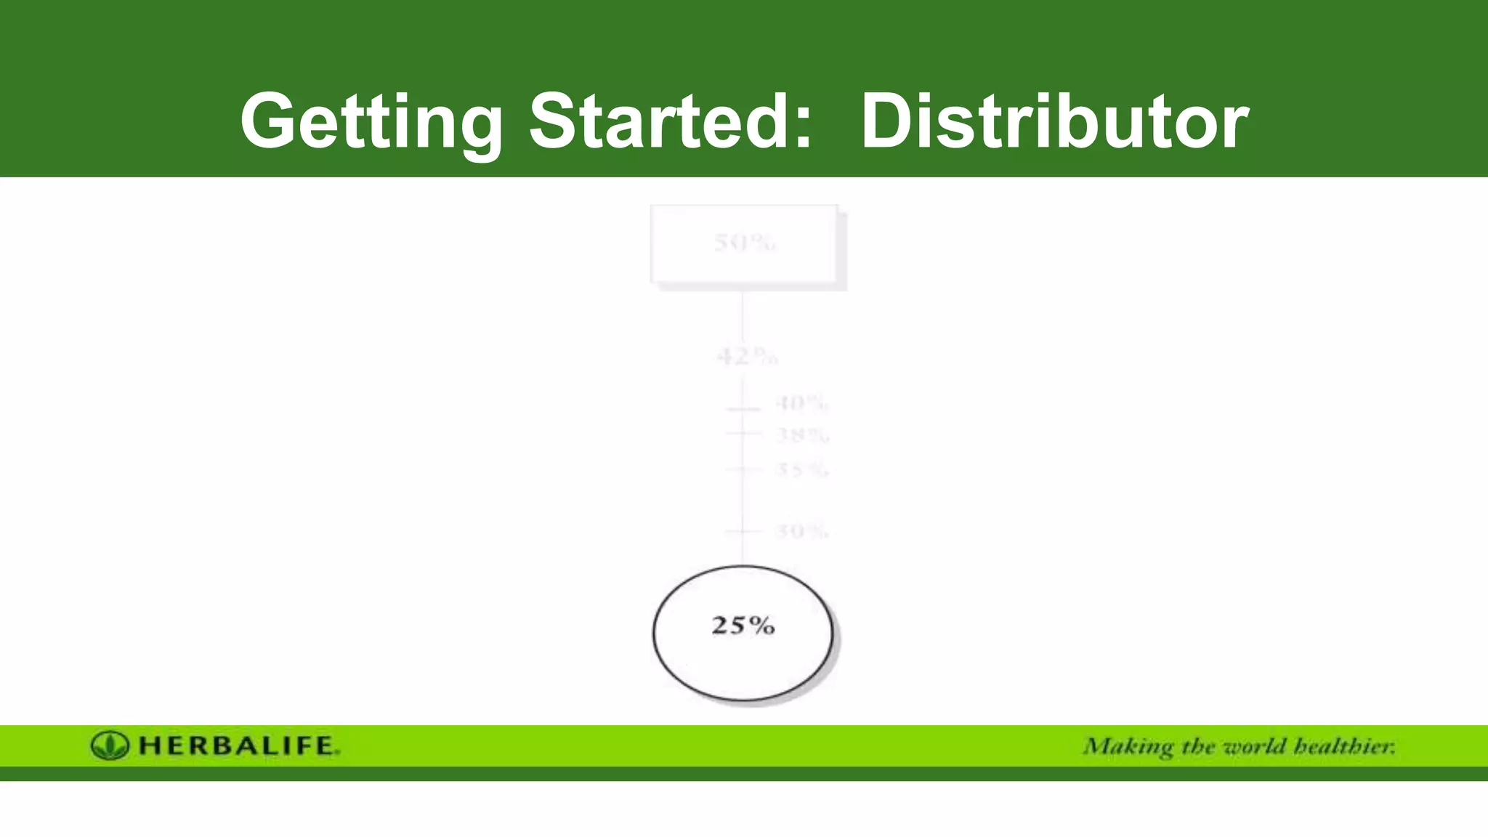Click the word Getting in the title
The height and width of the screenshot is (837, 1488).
tap(371, 122)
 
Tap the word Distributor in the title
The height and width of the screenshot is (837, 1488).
tap(1054, 121)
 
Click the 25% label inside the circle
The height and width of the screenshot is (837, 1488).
tap(743, 626)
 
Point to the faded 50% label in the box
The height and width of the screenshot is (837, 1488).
tap(744, 243)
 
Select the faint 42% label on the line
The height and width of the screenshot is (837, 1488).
tap(747, 357)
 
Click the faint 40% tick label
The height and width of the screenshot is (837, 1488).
tap(801, 403)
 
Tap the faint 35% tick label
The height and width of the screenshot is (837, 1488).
tap(801, 469)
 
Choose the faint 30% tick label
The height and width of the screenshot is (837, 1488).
tap(801, 531)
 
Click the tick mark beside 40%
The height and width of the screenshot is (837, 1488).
tap(743, 410)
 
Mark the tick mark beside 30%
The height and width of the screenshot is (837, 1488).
tap(743, 532)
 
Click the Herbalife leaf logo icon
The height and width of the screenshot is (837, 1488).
tap(110, 745)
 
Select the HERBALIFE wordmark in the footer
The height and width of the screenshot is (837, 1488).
tap(238, 746)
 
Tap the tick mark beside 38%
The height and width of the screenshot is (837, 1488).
tap(743, 433)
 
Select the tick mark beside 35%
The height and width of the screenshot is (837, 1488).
tap(743, 469)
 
